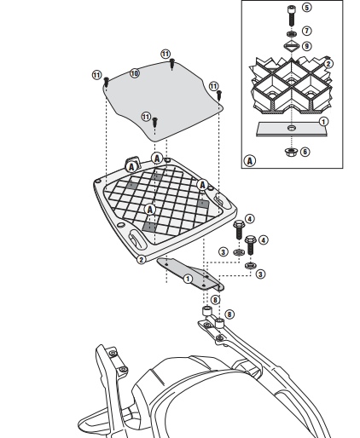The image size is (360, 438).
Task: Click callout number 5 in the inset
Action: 306,8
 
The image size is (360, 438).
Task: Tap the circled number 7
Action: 306,31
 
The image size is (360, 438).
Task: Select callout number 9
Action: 306,46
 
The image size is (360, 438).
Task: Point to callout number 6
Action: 305,152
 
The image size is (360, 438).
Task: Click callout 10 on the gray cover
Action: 135,73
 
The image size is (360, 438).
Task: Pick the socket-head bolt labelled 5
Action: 291,15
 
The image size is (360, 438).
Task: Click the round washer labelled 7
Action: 291,34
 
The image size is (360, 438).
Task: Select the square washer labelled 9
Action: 291,46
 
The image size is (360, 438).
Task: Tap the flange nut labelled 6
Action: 291,152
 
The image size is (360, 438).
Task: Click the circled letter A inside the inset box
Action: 250,161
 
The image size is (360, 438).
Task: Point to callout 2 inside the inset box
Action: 328,64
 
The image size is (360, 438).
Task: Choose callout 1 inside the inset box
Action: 323,122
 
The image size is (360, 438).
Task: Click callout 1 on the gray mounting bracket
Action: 188,279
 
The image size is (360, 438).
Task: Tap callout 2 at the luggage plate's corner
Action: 142,259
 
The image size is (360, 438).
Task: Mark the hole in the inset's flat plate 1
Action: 291,128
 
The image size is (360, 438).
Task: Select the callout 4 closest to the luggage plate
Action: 249,219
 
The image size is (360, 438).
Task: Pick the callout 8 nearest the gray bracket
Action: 215,300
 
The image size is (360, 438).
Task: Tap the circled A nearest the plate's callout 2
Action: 150,210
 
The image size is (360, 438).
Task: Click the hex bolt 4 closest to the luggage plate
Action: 239,229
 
